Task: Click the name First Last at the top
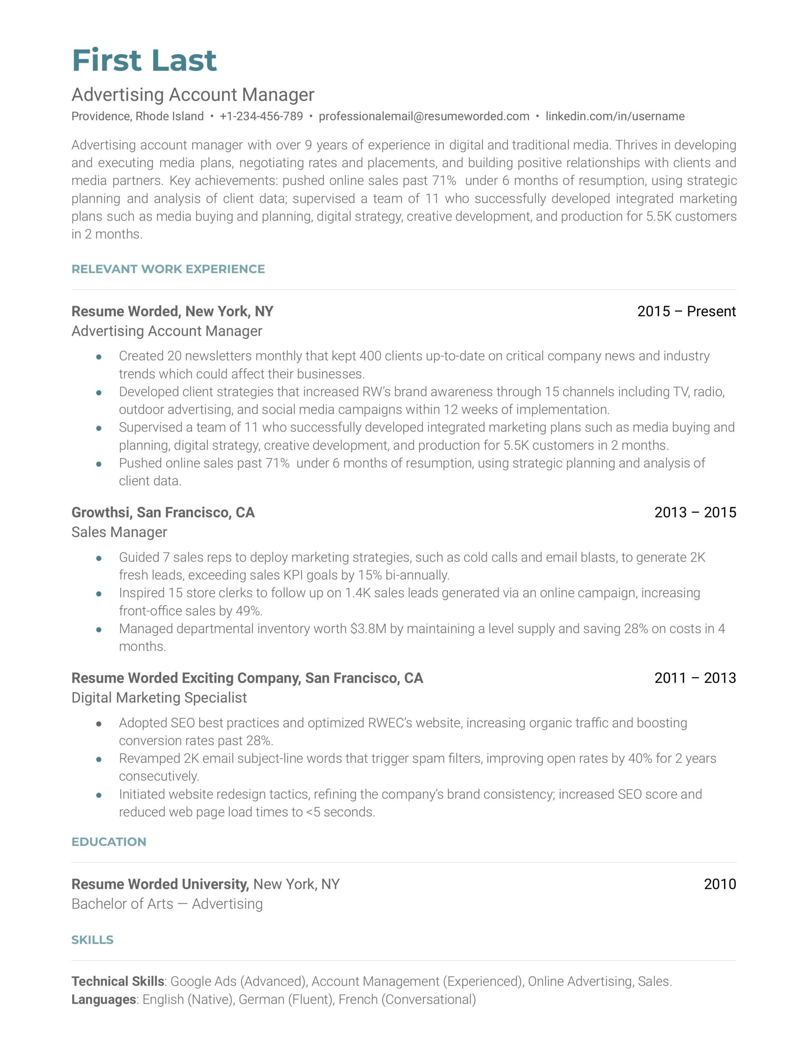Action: click(144, 61)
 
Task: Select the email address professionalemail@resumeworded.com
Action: click(424, 117)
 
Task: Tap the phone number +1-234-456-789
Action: click(261, 117)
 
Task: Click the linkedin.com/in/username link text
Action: click(615, 117)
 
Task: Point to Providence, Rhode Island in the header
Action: click(138, 117)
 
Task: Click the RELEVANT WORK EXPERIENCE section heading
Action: click(168, 269)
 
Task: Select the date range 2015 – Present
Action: click(686, 312)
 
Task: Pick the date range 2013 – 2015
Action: click(695, 512)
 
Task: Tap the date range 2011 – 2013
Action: click(695, 678)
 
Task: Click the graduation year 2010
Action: click(719, 884)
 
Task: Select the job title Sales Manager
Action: click(119, 532)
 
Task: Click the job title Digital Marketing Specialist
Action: click(159, 697)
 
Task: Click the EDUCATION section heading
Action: click(109, 842)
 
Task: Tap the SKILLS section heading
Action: click(92, 939)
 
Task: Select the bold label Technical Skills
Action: click(118, 981)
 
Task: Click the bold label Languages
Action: click(103, 1000)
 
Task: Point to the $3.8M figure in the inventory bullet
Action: click(368, 629)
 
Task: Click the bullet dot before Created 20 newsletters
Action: click(99, 357)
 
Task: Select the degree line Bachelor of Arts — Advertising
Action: click(167, 904)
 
